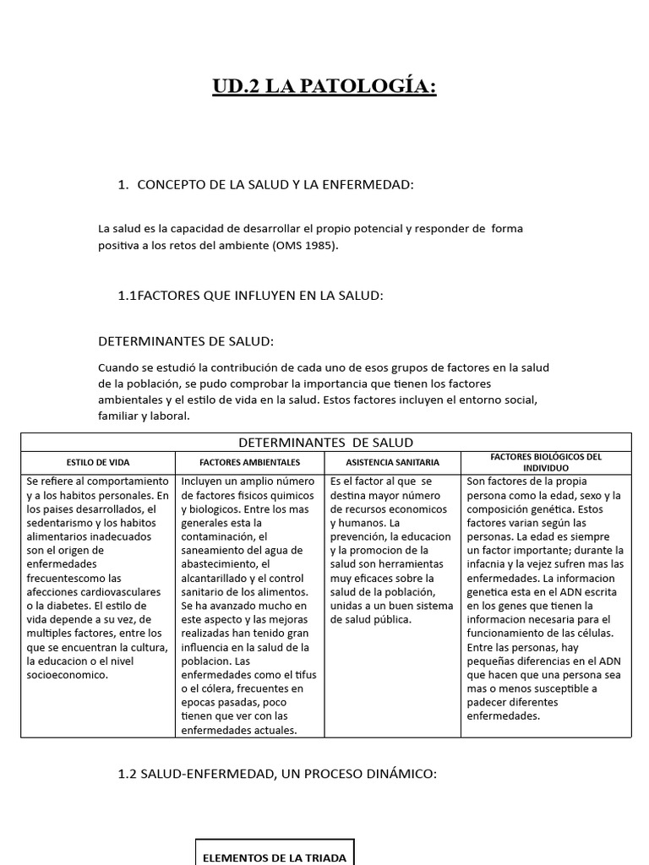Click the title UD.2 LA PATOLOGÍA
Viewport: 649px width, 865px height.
pos(324,87)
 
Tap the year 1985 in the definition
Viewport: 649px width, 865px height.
pos(316,246)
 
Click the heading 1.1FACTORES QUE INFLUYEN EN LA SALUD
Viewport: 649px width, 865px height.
pos(251,295)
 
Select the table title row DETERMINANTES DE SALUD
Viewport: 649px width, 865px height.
pos(325,442)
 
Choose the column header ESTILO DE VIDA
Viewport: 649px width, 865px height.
pos(98,462)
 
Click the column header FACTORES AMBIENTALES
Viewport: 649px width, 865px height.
pos(249,462)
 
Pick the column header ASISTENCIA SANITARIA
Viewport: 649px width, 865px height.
pos(392,462)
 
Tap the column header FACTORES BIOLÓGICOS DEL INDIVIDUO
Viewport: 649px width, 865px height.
pos(546,462)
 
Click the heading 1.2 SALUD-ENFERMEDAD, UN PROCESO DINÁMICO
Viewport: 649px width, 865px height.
pos(278,774)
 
